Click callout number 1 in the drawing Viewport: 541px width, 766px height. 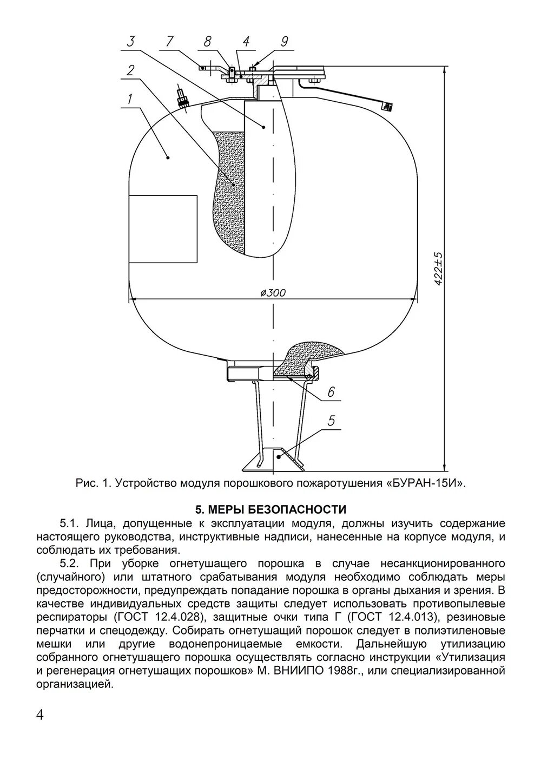click(x=129, y=99)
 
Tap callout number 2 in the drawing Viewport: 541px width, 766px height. click(x=130, y=70)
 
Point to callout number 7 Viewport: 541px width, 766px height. click(x=170, y=41)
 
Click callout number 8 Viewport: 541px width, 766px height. click(x=208, y=41)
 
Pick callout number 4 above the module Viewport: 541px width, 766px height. click(x=246, y=41)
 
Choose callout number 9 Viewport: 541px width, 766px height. click(x=285, y=41)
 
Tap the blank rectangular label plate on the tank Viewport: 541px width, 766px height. click(x=162, y=229)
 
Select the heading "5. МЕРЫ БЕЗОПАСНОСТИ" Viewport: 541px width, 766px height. click(x=270, y=509)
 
